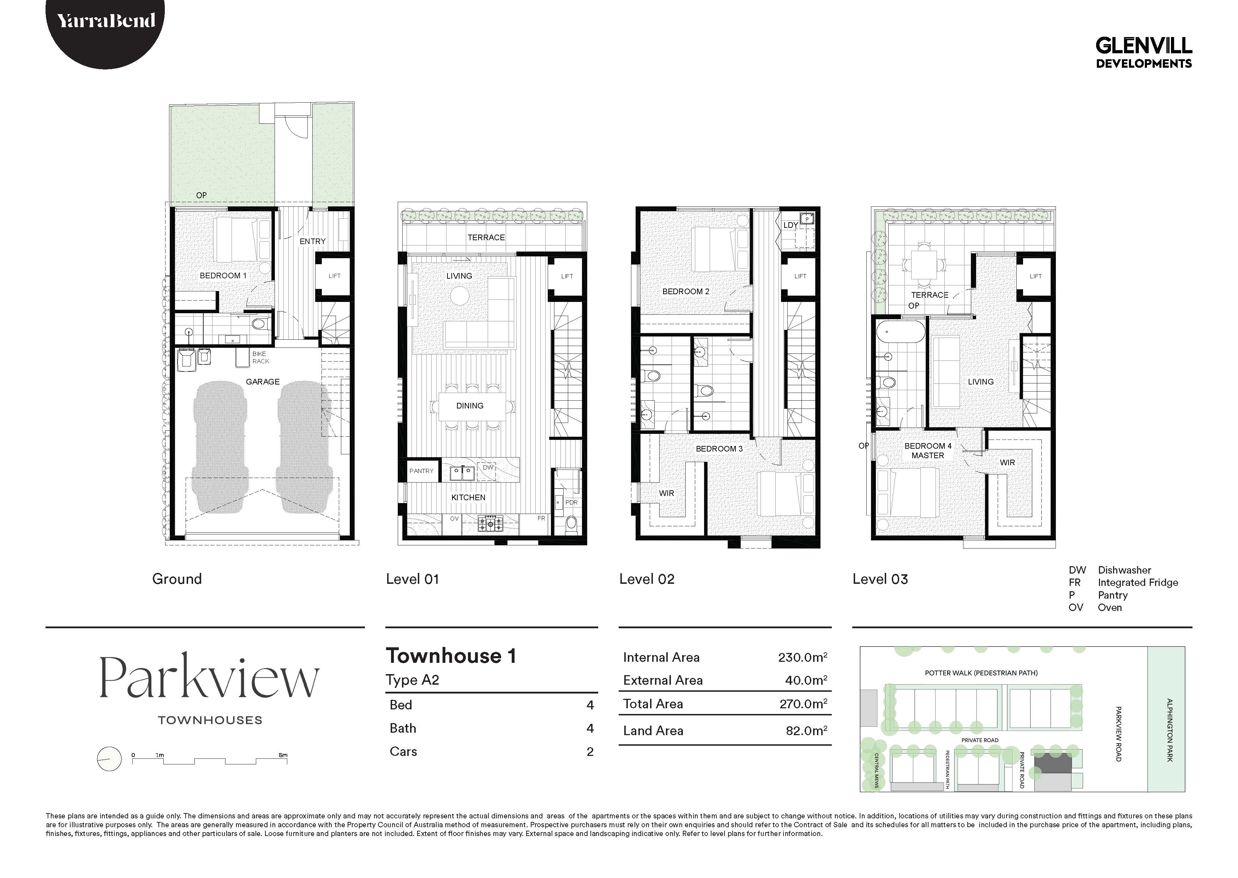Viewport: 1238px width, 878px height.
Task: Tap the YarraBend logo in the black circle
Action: pyautogui.click(x=106, y=21)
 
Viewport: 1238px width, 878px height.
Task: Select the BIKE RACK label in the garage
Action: pyautogui.click(x=260, y=357)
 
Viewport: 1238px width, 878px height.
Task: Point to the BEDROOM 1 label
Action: pyautogui.click(x=223, y=276)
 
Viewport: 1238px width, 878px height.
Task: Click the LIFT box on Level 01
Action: pyautogui.click(x=567, y=276)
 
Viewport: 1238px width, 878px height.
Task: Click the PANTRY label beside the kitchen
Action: pyautogui.click(x=421, y=471)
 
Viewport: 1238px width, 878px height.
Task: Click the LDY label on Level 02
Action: pyautogui.click(x=790, y=225)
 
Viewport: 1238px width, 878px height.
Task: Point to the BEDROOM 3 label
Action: pyautogui.click(x=719, y=449)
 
